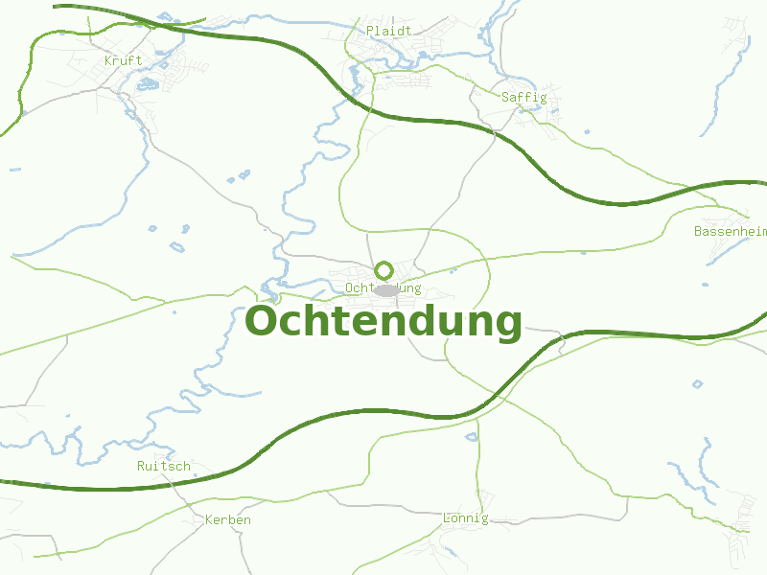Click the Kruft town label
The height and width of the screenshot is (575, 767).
[x=123, y=60]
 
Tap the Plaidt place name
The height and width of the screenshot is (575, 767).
[x=388, y=31]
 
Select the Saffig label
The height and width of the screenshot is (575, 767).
[x=523, y=97]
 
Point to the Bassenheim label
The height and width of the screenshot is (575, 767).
[x=731, y=231]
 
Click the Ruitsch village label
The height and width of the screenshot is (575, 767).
[x=164, y=467]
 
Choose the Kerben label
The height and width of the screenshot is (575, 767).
[x=228, y=520]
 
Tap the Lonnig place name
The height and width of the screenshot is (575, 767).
[x=465, y=518]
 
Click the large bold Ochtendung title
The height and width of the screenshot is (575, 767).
[x=383, y=322]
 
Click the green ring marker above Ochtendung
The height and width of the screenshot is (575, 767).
[x=383, y=270]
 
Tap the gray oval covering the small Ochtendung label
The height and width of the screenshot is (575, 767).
[x=386, y=289]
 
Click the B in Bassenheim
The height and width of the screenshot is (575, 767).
[x=698, y=231]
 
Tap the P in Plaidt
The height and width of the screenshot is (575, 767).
[x=370, y=31]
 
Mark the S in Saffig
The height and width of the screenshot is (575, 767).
[x=505, y=97]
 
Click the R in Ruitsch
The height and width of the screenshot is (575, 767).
[x=141, y=467]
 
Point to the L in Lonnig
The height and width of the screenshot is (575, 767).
[x=447, y=518]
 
